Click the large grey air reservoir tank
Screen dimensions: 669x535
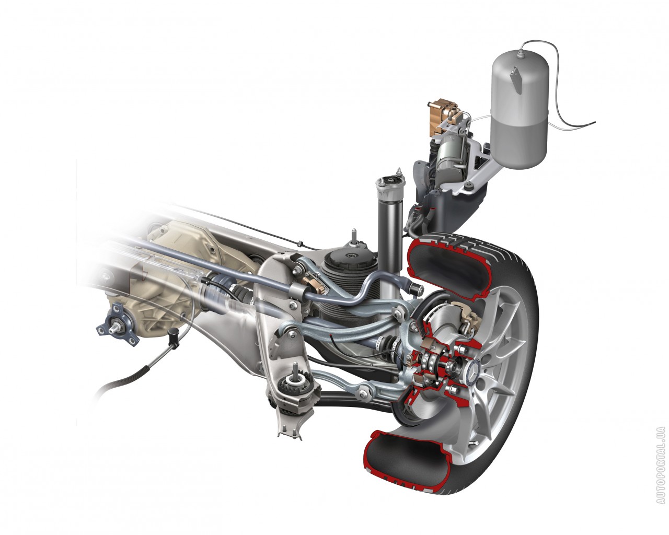tap(520, 110)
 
